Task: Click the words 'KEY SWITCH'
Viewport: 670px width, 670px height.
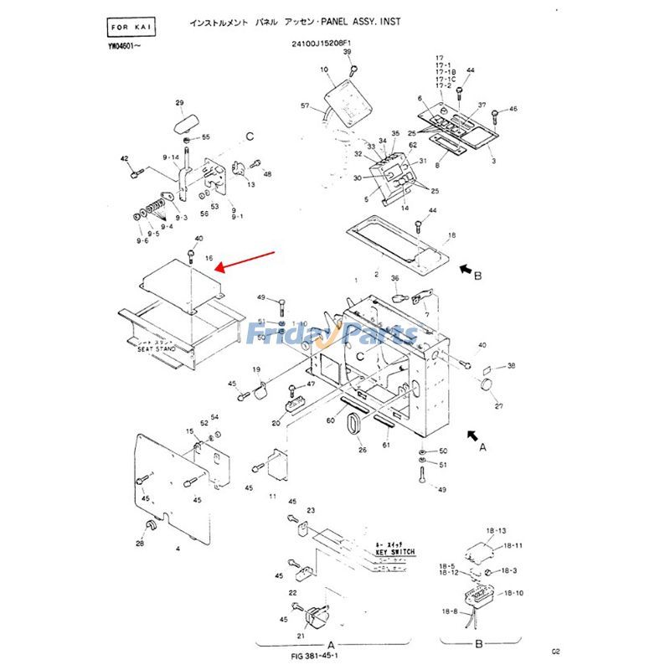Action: point(390,552)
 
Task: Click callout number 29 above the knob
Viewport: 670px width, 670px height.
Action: point(179,103)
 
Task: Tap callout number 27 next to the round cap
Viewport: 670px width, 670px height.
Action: point(498,406)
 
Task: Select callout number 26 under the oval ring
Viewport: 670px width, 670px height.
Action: point(363,450)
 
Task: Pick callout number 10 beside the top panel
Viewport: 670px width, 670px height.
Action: point(324,70)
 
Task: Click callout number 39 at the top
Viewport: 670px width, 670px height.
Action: point(347,53)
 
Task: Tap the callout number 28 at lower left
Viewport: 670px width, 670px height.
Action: point(140,544)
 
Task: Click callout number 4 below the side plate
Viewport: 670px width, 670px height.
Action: point(178,549)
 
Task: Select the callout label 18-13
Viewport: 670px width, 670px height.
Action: point(496,531)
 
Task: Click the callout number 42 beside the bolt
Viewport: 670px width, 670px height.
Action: point(124,158)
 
